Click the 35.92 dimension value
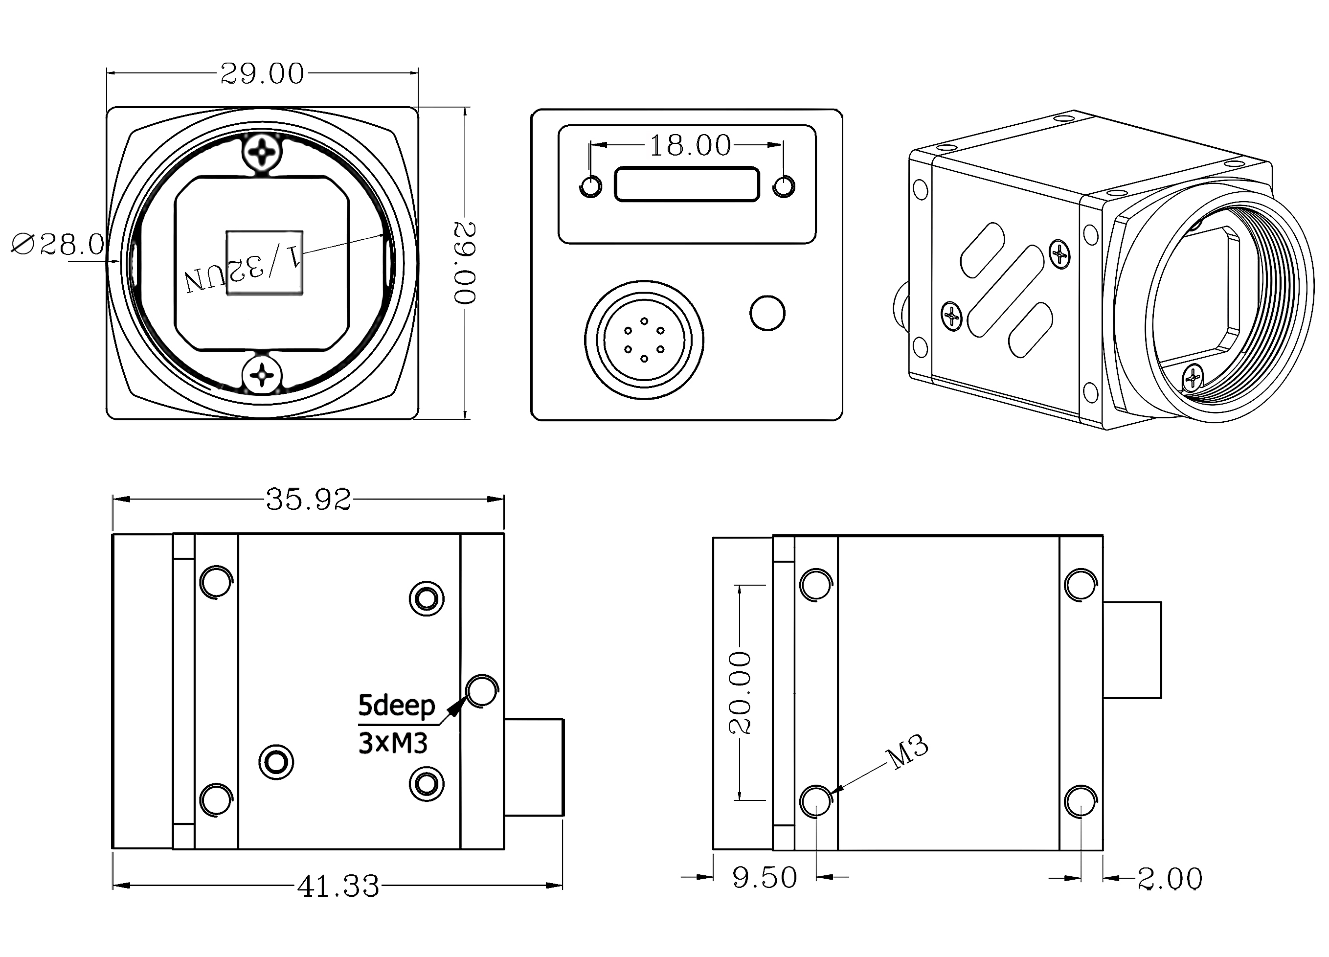pyautogui.click(x=308, y=500)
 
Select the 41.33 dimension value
pyautogui.click(x=338, y=887)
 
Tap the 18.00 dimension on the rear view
pyautogui.click(x=690, y=145)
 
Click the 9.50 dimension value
pyautogui.click(x=765, y=878)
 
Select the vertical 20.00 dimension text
pyautogui.click(x=740, y=693)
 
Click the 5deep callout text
pyautogui.click(x=396, y=706)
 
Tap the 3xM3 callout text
pyautogui.click(x=393, y=743)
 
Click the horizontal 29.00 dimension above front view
pyautogui.click(x=262, y=74)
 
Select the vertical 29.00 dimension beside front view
pyautogui.click(x=465, y=263)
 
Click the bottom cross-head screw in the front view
pyautogui.click(x=262, y=374)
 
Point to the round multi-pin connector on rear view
pyautogui.click(x=644, y=341)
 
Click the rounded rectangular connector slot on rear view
pyautogui.click(x=687, y=184)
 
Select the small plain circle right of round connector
pyautogui.click(x=767, y=313)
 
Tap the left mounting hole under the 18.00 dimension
pyautogui.click(x=591, y=186)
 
